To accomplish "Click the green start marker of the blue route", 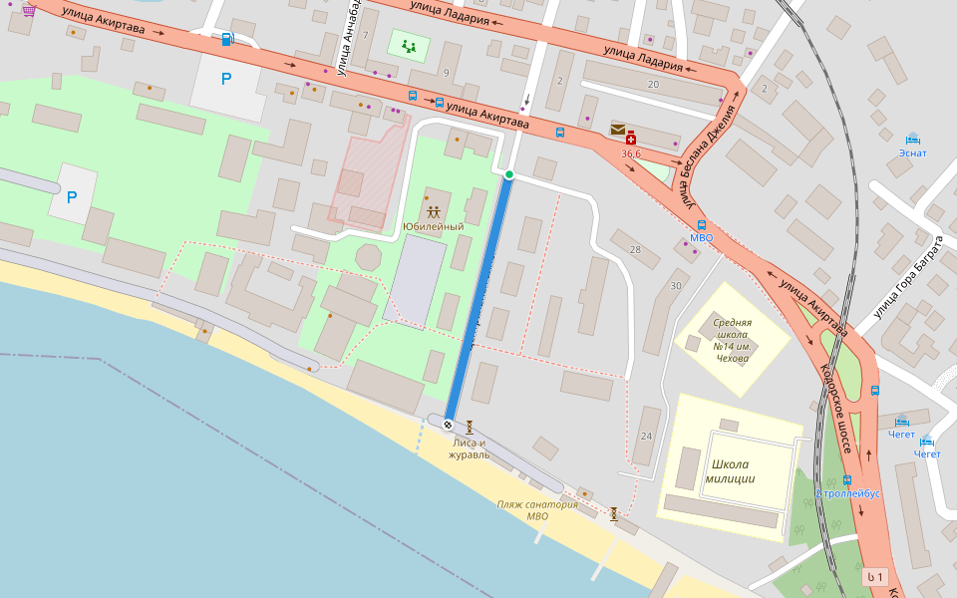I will click(x=509, y=174).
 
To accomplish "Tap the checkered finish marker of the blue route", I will click(x=448, y=425).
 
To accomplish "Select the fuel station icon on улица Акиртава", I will click(x=228, y=39).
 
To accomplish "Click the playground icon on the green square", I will click(x=408, y=45).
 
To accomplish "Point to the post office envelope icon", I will click(x=618, y=130).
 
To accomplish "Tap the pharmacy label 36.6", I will click(x=631, y=153).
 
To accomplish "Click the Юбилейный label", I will click(x=433, y=226).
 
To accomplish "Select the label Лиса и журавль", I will click(x=469, y=448).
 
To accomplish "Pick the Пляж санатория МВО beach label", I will click(x=537, y=510).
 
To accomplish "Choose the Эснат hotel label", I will click(x=911, y=152).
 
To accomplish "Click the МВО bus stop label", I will click(x=702, y=238).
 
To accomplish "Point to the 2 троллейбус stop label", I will click(x=848, y=493).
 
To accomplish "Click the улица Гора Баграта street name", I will click(x=907, y=275).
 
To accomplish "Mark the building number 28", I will click(x=635, y=248).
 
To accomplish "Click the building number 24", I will click(x=646, y=437).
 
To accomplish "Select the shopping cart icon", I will click(x=28, y=10).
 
